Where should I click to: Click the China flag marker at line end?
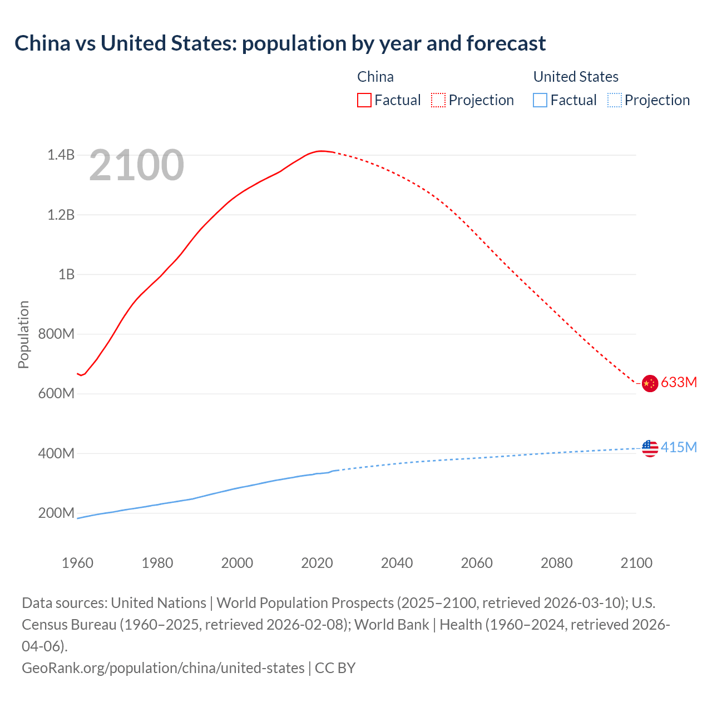click(650, 383)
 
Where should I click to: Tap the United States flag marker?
click(650, 448)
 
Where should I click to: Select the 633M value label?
click(679, 382)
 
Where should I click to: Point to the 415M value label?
click(679, 447)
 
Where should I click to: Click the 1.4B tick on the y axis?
click(61, 155)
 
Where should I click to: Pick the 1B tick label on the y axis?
click(66, 274)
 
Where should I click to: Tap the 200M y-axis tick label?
click(56, 513)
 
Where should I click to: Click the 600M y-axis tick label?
click(56, 394)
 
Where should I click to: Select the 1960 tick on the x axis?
click(77, 563)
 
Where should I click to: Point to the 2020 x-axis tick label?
click(317, 563)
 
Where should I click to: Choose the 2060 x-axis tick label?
click(477, 563)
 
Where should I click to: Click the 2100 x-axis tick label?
click(636, 563)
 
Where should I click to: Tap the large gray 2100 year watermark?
click(136, 165)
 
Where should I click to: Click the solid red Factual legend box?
click(364, 100)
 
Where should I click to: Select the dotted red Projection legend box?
click(438, 100)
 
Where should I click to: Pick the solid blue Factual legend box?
click(540, 100)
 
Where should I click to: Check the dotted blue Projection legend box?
click(614, 100)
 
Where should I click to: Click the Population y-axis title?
click(23, 334)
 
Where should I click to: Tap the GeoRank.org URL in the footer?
click(163, 667)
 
